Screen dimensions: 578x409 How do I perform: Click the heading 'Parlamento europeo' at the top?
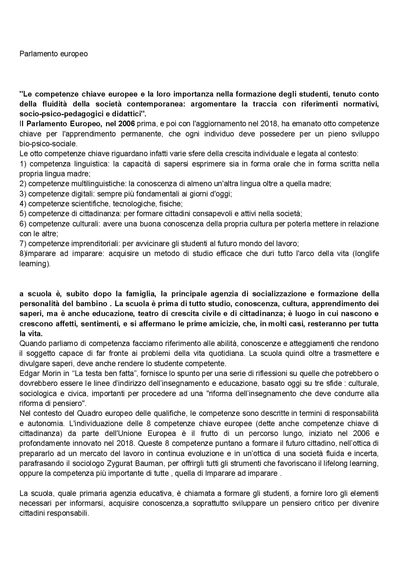53,54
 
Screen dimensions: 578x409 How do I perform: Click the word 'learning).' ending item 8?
35,264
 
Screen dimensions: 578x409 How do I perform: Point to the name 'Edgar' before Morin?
29,373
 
